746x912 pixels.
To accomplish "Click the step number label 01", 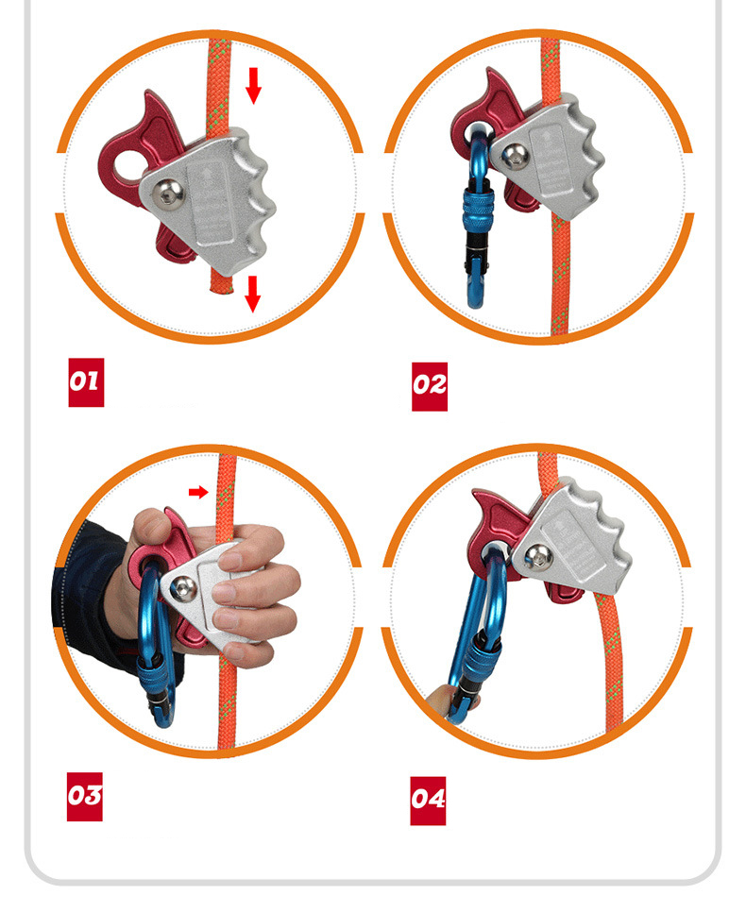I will (x=85, y=382).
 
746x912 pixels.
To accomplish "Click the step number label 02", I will (x=429, y=385).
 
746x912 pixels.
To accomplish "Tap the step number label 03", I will (x=84, y=796).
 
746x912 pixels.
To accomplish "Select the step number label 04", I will (x=428, y=800).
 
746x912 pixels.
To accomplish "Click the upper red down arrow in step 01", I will (x=253, y=86).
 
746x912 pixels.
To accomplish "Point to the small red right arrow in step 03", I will (x=197, y=492).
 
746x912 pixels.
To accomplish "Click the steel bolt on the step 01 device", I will (x=169, y=194).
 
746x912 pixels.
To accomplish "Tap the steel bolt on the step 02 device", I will (x=515, y=158).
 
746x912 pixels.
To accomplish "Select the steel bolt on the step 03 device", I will (x=185, y=589).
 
